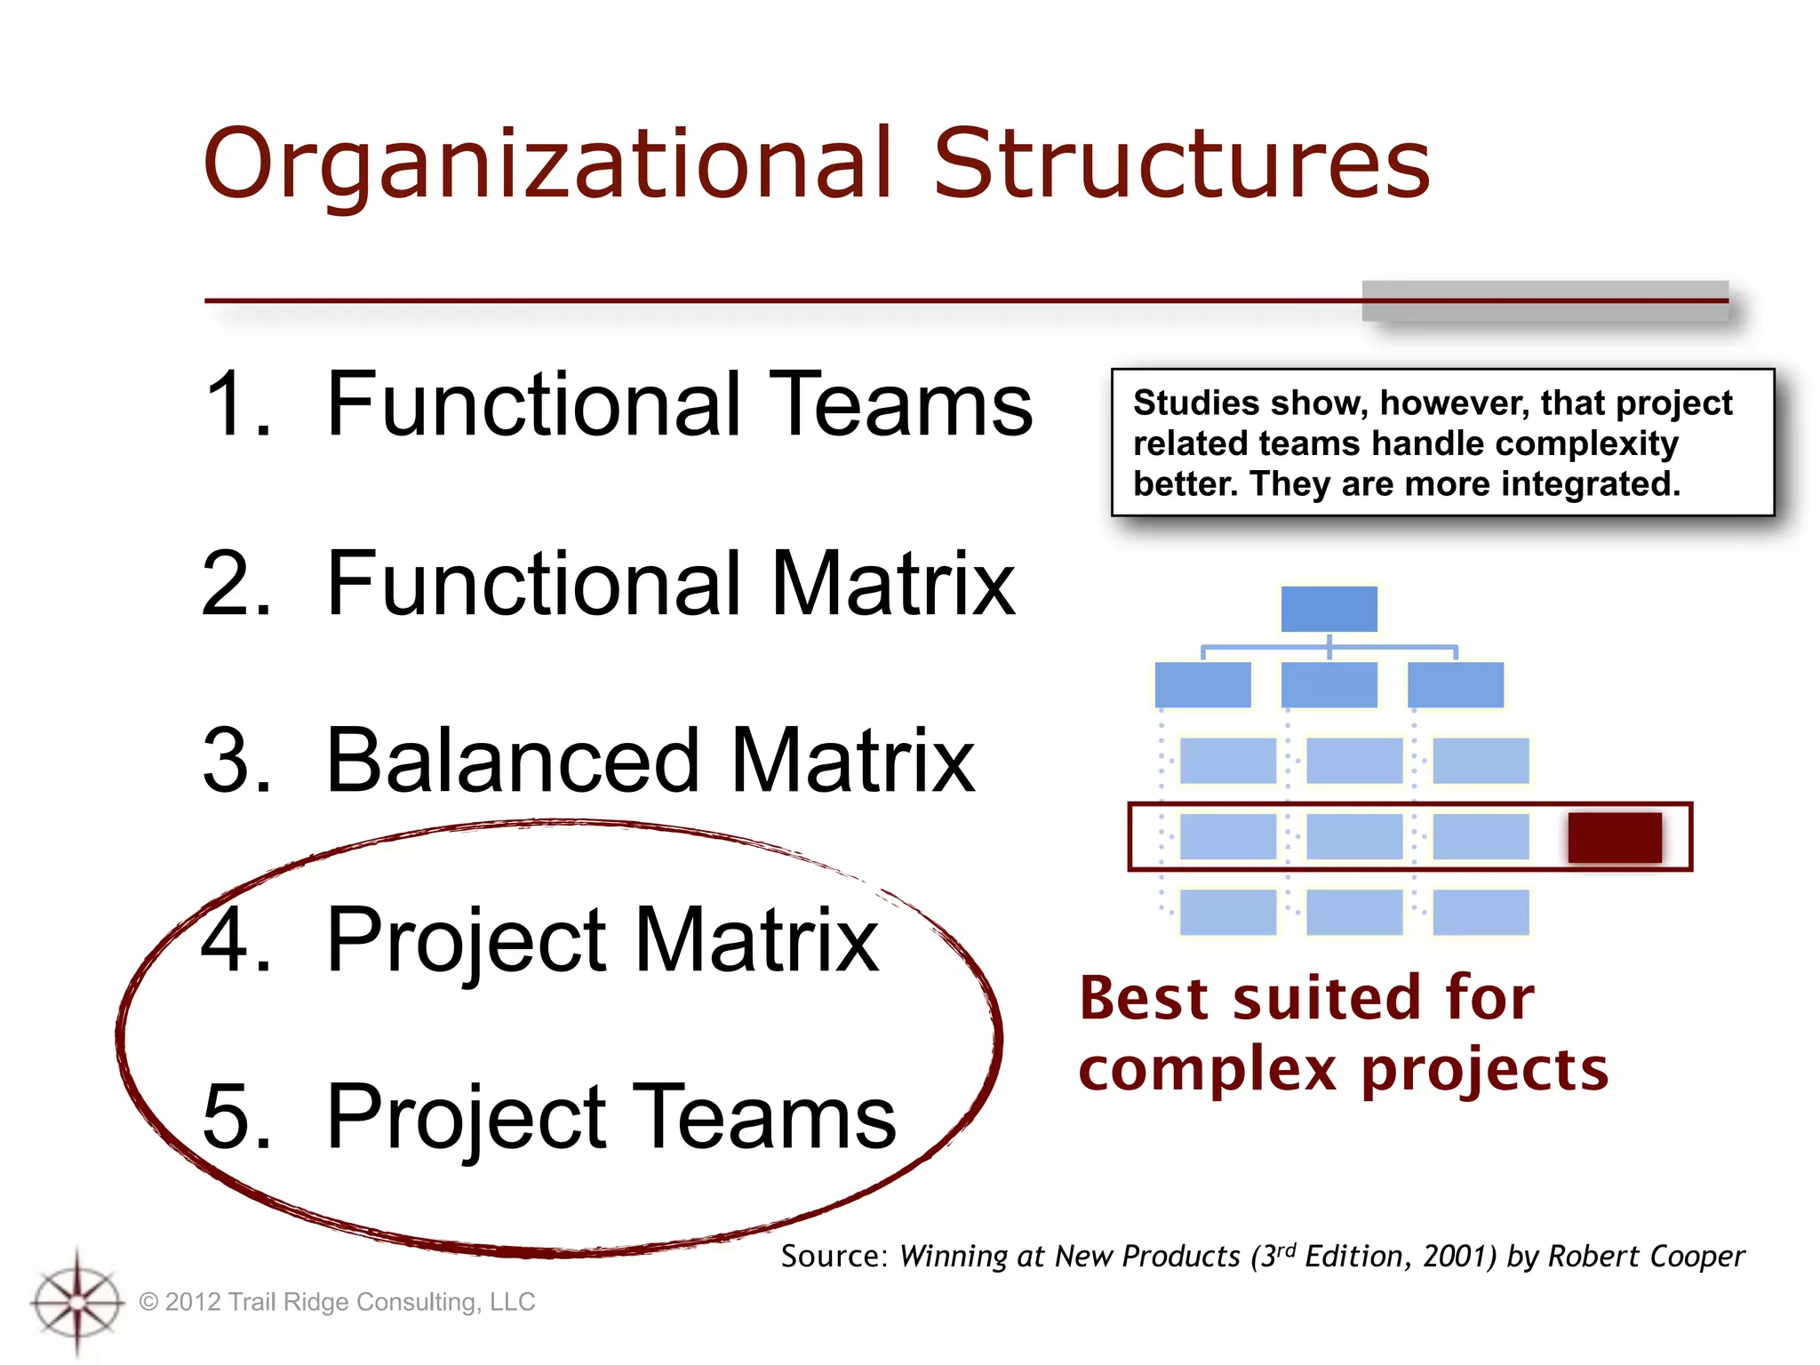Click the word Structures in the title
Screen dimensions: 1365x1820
point(1181,164)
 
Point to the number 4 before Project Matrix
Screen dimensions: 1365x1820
point(233,939)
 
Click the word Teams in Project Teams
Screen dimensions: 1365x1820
point(763,1117)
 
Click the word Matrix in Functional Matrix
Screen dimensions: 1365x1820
point(892,583)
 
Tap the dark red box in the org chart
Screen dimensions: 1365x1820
point(1614,837)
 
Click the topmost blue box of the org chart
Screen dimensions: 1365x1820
point(1329,609)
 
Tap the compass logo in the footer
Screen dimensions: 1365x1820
point(77,1302)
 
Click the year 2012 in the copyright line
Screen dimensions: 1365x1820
point(193,1302)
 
